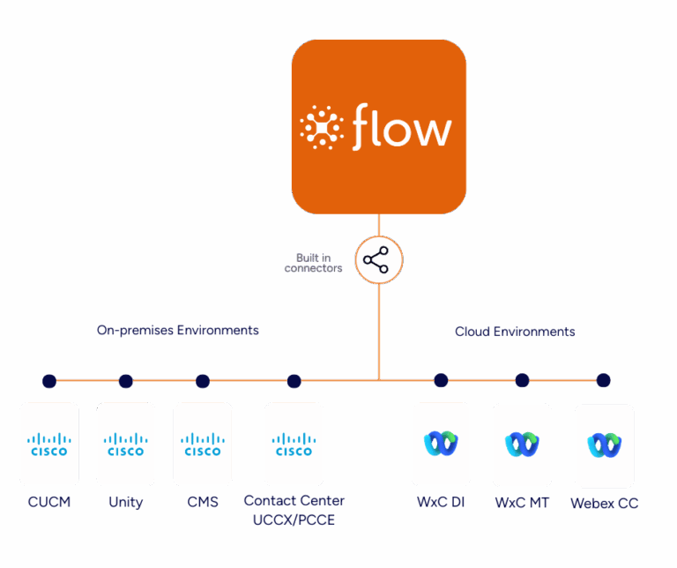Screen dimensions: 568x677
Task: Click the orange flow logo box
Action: coord(379,126)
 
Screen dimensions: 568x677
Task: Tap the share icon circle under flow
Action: coord(379,261)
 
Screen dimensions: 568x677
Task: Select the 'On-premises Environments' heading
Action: coord(178,330)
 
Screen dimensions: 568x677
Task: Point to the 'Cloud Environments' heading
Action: coord(515,332)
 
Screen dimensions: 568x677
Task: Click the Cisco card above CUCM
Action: coord(49,444)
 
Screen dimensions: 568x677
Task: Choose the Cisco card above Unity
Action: coord(125,444)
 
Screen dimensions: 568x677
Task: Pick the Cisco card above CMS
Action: coord(203,444)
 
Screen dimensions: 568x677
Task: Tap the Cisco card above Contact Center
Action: coord(294,444)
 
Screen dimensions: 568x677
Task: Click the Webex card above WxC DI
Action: coord(441,444)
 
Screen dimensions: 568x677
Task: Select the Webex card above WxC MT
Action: coord(522,445)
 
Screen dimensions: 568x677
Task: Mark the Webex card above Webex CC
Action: coord(604,445)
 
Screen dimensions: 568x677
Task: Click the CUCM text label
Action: coord(48,503)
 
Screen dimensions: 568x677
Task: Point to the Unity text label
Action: coord(125,503)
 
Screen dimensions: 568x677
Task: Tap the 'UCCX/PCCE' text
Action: coord(294,520)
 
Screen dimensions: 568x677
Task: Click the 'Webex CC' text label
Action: coord(604,504)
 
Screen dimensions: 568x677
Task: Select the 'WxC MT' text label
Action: coord(522,503)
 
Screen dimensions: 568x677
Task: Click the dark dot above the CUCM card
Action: coord(49,381)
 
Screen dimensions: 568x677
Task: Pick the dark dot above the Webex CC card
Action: coord(603,381)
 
